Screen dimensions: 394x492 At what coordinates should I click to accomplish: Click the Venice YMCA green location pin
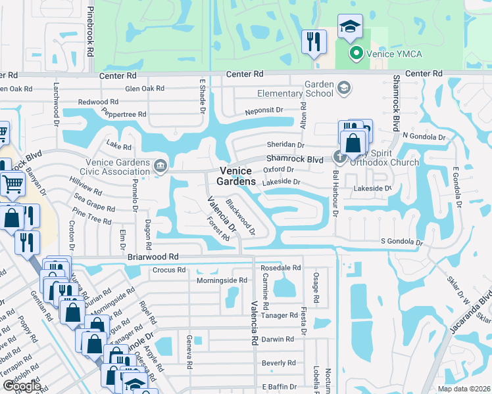coord(356,53)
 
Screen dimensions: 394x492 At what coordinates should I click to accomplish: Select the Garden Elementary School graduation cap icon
coord(343,87)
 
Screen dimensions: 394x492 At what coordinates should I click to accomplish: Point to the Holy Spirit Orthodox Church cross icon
coord(339,156)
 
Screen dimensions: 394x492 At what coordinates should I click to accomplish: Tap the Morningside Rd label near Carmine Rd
coord(222,280)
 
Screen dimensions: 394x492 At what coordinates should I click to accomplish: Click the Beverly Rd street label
coord(278,363)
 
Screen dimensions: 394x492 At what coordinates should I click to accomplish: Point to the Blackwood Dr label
coord(241,217)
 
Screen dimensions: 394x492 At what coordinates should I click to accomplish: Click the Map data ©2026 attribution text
coord(462,389)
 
